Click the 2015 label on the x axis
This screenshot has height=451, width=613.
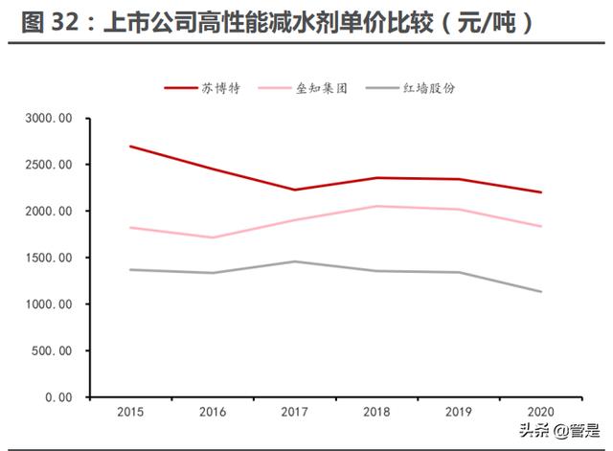coord(130,413)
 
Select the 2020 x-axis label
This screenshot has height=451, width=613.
coord(541,413)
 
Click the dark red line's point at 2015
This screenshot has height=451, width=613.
coord(130,147)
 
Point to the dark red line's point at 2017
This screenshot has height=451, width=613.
coord(295,190)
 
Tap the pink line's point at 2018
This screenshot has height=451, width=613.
coord(377,206)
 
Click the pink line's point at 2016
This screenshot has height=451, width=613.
coord(213,237)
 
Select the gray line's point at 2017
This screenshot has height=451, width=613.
coord(295,261)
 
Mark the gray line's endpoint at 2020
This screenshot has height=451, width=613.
coord(541,292)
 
